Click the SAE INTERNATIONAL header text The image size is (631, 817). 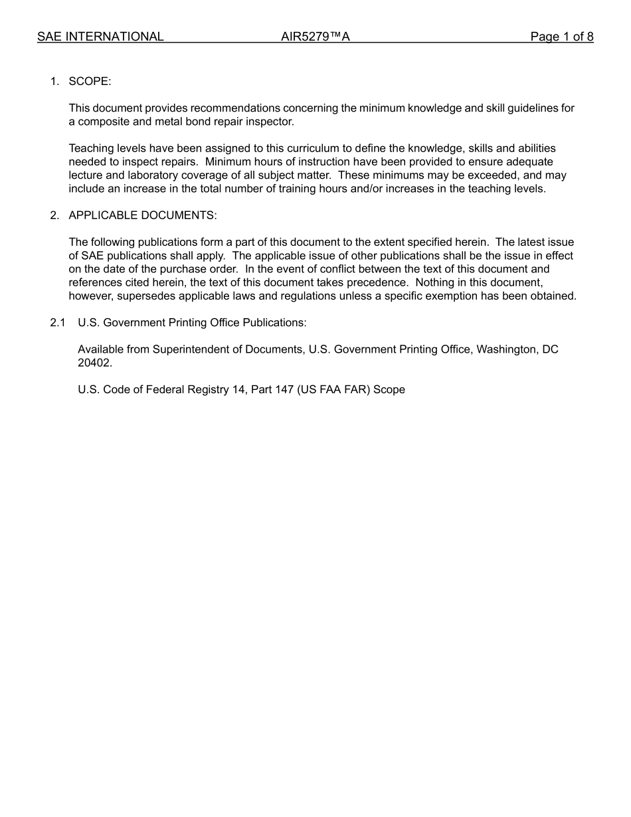pyautogui.click(x=100, y=37)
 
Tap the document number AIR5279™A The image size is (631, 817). pyautogui.click(x=315, y=37)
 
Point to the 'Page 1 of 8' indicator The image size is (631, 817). pyautogui.click(x=561, y=37)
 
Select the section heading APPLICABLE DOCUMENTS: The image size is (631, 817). pyautogui.click(x=142, y=215)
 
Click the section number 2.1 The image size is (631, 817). pyautogui.click(x=58, y=323)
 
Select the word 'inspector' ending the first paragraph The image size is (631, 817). pyautogui.click(x=270, y=122)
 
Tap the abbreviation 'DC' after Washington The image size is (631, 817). pyautogui.click(x=551, y=349)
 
